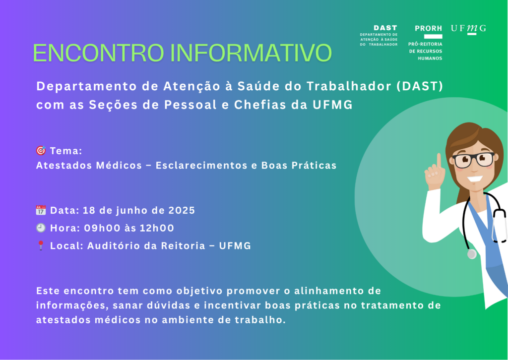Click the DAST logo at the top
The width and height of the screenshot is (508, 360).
pos(379,35)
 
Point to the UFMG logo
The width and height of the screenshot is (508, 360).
pos(468,29)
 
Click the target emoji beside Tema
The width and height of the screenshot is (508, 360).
pos(41,151)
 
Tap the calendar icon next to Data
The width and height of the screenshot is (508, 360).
pos(41,210)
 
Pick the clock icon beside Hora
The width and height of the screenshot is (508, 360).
pos(41,228)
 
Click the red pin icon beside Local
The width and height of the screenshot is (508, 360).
pos(41,245)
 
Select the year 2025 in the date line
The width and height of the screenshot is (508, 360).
pos(182,210)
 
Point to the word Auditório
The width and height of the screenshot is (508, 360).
pos(114,246)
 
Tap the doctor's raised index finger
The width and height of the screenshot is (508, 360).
pos(439,161)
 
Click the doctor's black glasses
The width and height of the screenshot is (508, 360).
pos(473,160)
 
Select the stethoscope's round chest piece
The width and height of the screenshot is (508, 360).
pos(472,254)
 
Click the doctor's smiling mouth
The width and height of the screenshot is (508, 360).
pos(475,179)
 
